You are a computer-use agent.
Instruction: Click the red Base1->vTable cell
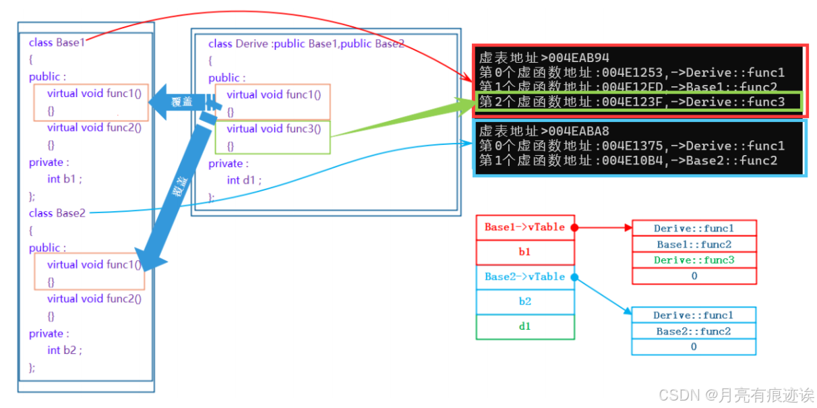point(524,227)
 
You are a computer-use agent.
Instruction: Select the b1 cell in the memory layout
point(524,252)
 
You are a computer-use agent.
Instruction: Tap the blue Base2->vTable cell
point(524,276)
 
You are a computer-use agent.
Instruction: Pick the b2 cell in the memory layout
point(524,301)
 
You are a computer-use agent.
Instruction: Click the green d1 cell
point(524,326)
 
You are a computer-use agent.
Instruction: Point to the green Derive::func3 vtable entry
point(694,260)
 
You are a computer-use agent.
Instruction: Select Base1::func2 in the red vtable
point(694,244)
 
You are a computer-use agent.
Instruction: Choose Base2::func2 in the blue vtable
point(693,331)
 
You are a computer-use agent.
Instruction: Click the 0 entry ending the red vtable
point(694,276)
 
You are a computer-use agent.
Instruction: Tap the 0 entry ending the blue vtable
point(693,347)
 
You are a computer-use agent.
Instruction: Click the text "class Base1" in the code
point(57,42)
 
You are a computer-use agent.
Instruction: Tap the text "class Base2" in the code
point(57,213)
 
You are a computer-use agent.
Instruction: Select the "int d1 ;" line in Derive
point(243,180)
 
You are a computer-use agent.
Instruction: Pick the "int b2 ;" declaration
point(64,350)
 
